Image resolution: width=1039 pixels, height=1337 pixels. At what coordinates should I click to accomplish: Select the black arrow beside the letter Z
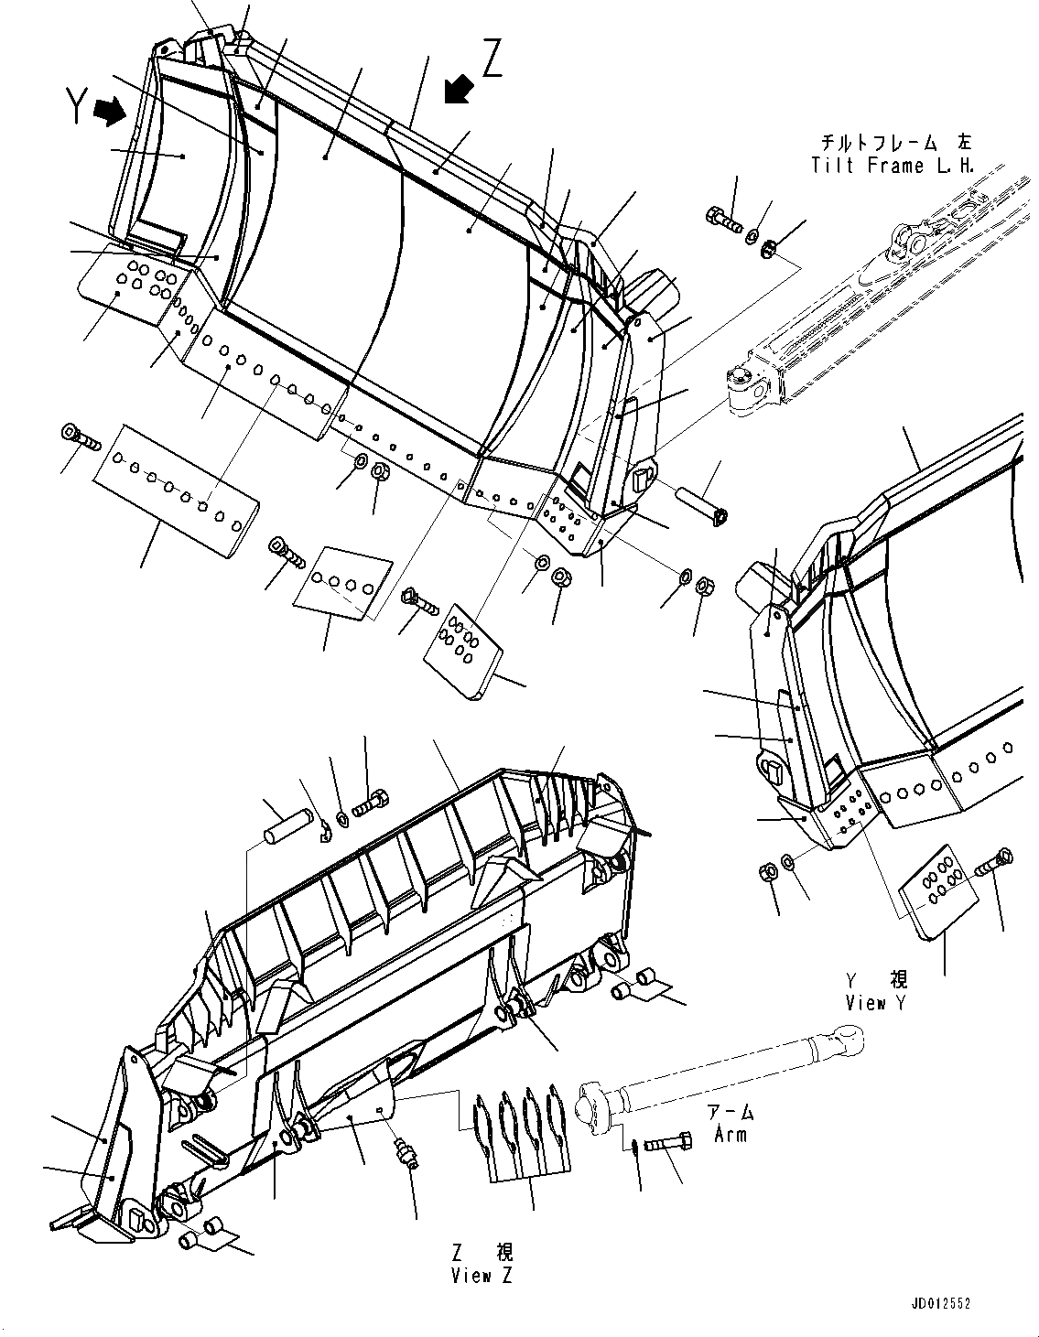[458, 90]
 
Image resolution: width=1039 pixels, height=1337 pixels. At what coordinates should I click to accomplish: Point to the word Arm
[731, 1135]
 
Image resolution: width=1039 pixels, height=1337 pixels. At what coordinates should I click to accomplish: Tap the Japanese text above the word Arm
[731, 1113]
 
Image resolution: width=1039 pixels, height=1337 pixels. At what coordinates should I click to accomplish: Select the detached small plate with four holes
[342, 583]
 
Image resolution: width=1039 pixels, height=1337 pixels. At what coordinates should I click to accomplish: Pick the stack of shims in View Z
[516, 1127]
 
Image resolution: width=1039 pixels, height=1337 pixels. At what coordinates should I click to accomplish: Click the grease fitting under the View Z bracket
[405, 1155]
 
